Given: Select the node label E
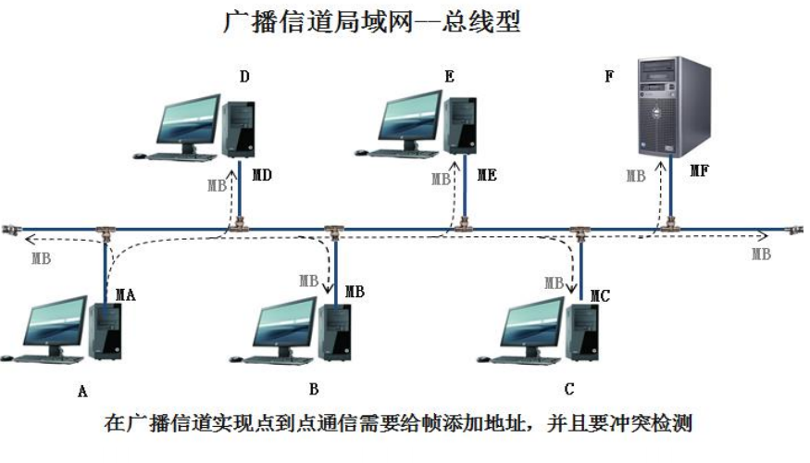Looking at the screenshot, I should [449, 77].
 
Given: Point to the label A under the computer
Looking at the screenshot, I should [82, 392].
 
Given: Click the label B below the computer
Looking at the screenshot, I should [314, 388].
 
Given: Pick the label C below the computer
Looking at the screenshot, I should [569, 388].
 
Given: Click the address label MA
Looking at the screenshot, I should [125, 295].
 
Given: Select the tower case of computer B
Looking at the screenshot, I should [332, 332].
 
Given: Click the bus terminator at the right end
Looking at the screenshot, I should [793, 229].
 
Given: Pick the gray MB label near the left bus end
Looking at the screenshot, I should [41, 258].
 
